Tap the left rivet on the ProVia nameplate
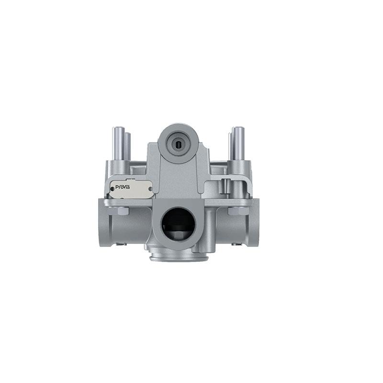[113, 189]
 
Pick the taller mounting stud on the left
[118, 144]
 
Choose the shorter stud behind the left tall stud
[128, 146]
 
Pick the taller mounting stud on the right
[238, 144]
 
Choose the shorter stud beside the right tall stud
[230, 146]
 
